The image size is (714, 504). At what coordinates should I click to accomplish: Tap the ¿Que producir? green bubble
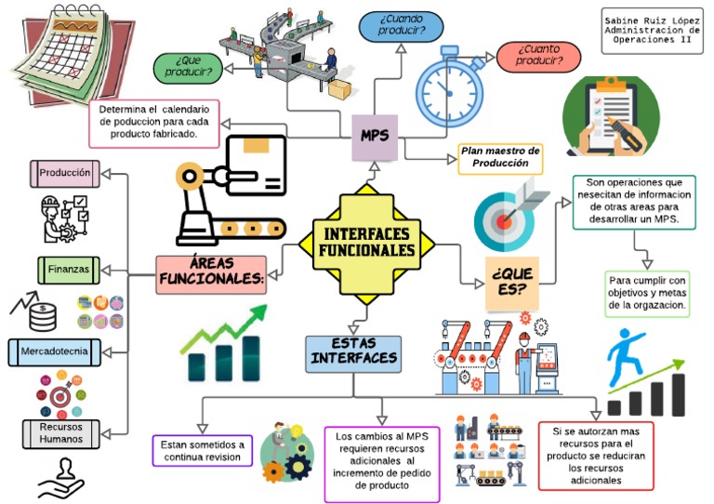point(188,67)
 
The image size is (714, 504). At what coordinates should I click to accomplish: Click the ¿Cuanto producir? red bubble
point(539,56)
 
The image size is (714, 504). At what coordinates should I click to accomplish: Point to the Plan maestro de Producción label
point(500,157)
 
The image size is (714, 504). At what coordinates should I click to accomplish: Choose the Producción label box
point(64,173)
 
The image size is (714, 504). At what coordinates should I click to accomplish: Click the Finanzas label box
point(69,269)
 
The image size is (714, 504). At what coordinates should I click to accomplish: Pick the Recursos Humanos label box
point(60,432)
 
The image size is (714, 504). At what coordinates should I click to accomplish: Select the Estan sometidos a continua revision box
point(202,450)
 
